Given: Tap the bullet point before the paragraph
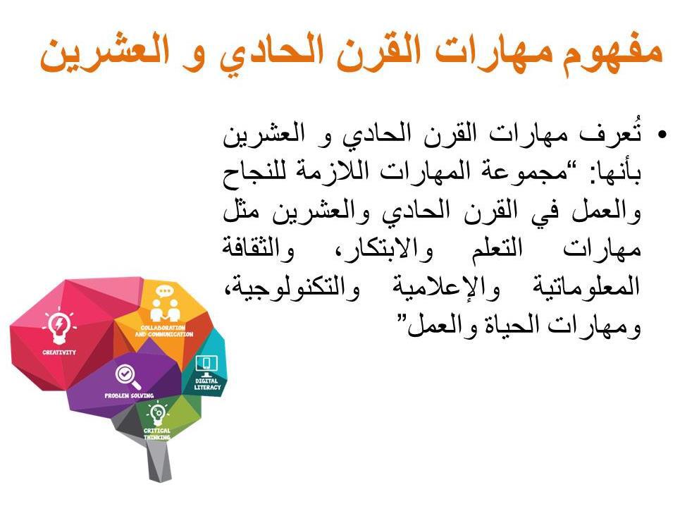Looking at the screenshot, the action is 662,134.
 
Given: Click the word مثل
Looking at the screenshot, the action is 241,209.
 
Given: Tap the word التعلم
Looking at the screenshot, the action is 497,248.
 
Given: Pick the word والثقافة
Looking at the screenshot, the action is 258,248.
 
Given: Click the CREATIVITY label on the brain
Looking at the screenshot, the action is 59,352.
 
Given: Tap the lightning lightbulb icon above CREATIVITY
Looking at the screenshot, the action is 59,325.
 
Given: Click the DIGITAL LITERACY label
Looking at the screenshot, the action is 207,384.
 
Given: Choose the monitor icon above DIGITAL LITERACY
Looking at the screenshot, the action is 206,365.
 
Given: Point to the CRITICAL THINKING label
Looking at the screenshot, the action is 157,434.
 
